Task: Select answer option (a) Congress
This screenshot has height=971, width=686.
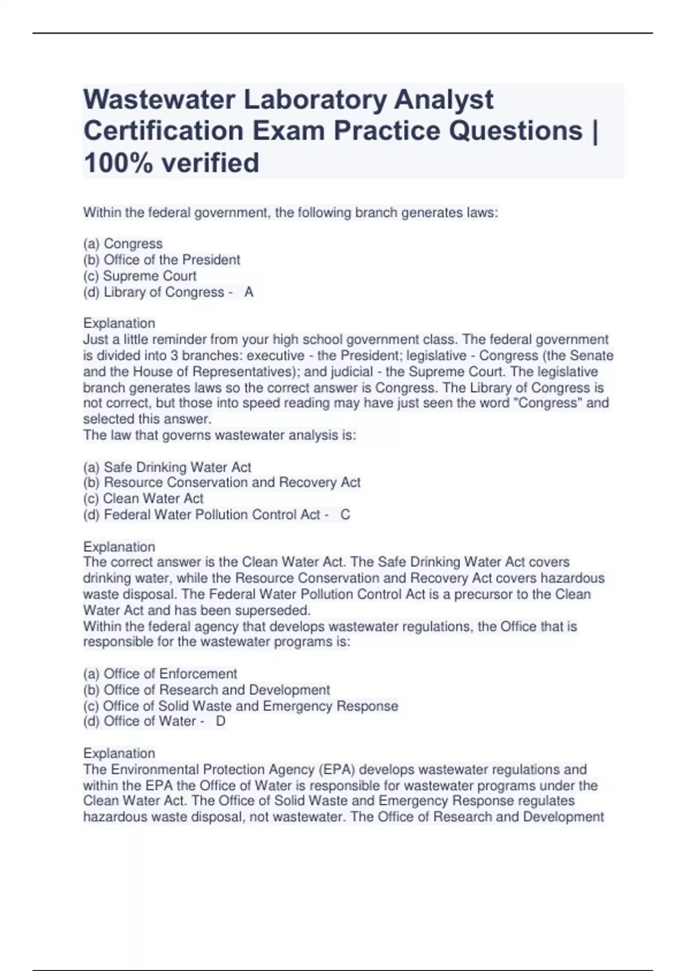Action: [123, 244]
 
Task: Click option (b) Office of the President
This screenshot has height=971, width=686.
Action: [162, 260]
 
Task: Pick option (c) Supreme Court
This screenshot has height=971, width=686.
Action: [140, 276]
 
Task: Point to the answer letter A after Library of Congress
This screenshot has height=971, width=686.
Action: [249, 292]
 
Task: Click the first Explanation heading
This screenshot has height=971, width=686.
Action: [119, 323]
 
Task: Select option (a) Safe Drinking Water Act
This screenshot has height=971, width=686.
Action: [167, 467]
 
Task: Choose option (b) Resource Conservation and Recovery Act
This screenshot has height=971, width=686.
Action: [222, 483]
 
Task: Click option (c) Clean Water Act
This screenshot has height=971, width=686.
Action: [143, 499]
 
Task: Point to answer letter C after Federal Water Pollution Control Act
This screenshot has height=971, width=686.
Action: [345, 515]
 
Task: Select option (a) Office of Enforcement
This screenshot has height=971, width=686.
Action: [160, 674]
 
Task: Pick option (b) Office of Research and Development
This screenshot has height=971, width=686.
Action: [206, 690]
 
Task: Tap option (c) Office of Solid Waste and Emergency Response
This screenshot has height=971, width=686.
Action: [241, 706]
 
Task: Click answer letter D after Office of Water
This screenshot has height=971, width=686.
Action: [221, 721]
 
